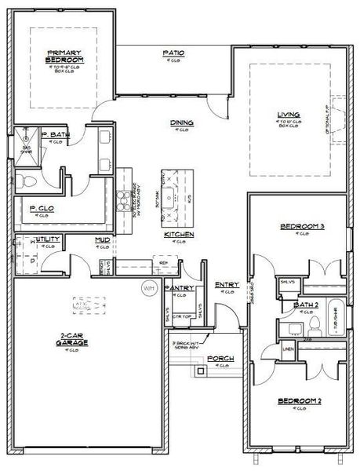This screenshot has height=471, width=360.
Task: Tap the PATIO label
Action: coord(173,53)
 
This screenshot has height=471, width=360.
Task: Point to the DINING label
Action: coord(182,123)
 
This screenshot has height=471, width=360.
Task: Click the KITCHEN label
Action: coord(179,235)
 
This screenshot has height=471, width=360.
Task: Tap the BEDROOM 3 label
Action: coord(302,227)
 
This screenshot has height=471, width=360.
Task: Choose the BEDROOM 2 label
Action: coord(300,401)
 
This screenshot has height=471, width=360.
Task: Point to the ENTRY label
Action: coord(227,285)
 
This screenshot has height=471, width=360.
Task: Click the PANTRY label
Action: coord(181,288)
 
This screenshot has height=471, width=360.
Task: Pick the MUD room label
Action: coord(101,239)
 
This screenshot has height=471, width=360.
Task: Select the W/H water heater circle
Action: coord(149,287)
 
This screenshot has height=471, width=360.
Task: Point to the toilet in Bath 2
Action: coord(313,323)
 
